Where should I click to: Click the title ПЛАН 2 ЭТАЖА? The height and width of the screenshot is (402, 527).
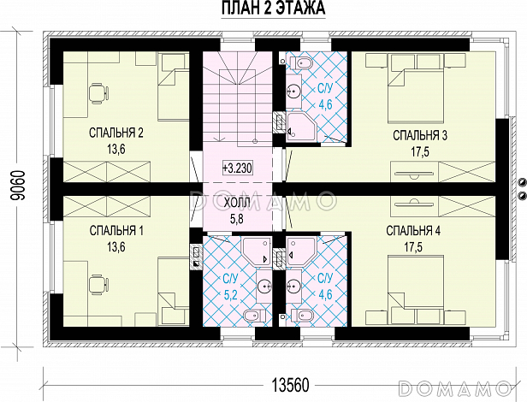[x=273, y=8]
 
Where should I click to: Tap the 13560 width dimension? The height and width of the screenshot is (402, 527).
[x=290, y=385]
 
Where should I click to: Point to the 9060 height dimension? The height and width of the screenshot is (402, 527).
[x=17, y=186]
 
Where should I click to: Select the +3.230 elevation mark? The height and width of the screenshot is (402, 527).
[x=237, y=168]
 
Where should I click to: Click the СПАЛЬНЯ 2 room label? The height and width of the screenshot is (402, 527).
[x=116, y=133]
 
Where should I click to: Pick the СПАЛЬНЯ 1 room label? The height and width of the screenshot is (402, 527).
[x=116, y=231]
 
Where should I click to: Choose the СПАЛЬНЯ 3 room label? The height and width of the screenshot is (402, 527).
[x=420, y=136]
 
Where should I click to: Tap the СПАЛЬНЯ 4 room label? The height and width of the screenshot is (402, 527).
[x=413, y=231]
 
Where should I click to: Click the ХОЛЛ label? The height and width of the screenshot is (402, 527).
[x=237, y=204]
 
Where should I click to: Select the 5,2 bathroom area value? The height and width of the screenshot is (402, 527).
[x=231, y=295]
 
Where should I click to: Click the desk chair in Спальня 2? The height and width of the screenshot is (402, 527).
[x=99, y=92]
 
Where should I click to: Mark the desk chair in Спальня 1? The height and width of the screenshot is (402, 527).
[x=99, y=284]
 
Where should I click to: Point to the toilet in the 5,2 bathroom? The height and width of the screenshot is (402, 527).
[x=254, y=316]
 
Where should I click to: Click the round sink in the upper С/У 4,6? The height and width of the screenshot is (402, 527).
[x=294, y=91]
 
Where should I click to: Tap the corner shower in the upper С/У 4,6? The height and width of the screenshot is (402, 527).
[x=301, y=127]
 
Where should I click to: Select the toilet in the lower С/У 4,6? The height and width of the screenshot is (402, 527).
[x=301, y=316]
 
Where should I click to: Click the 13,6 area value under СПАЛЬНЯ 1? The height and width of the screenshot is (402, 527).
[x=116, y=247]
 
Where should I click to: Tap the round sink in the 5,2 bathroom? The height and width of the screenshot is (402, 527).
[x=264, y=286]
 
